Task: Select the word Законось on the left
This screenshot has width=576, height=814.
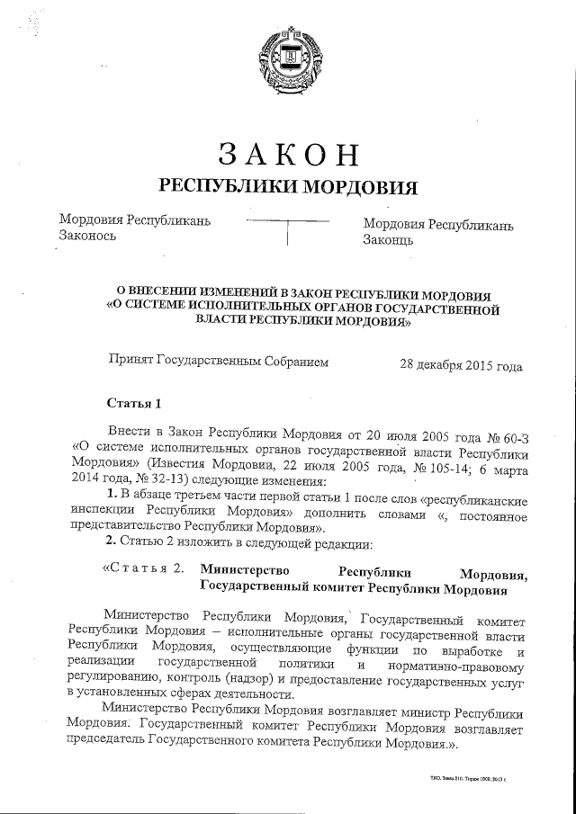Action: (86, 237)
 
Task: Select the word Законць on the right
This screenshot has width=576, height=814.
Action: (388, 240)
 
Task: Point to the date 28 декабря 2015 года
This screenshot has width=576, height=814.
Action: (461, 366)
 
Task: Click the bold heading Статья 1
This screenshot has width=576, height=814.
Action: (132, 401)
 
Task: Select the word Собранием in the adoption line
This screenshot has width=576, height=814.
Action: (296, 362)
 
